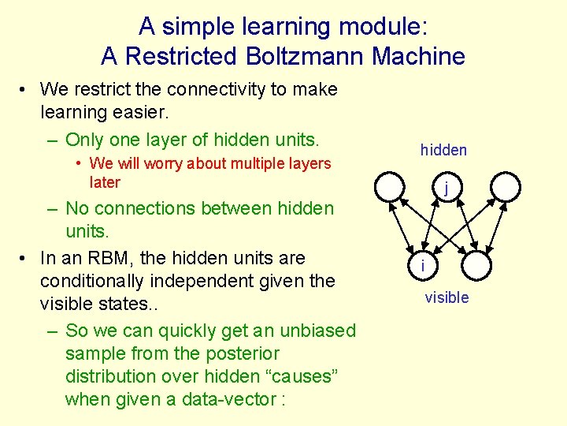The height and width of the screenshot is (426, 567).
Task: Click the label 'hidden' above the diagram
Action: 443,150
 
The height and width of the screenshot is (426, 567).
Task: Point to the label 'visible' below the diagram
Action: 447,297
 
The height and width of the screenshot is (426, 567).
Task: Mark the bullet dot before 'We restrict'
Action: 25,90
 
